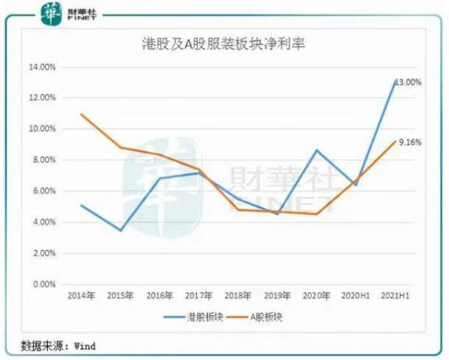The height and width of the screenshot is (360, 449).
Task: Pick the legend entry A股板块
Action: pos(266,317)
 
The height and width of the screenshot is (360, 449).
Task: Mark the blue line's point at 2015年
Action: pos(120,231)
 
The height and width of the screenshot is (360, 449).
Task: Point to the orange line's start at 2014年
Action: pos(82,115)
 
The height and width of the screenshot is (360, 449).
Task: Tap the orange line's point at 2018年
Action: pos(237,210)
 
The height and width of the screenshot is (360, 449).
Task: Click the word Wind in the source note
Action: pos(85,347)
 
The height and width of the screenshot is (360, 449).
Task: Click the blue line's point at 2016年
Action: pos(159,178)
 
